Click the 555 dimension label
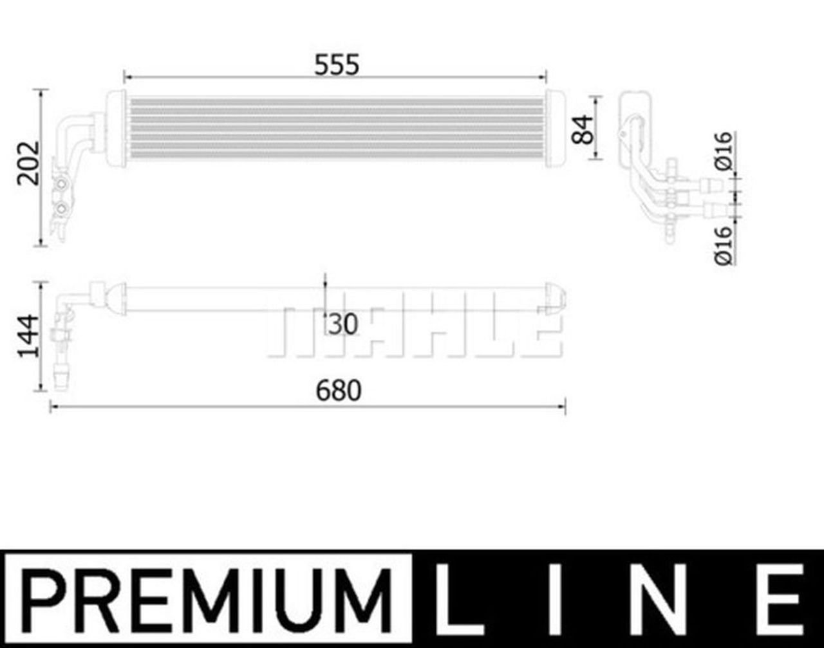[x=337, y=65]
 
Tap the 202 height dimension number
[x=30, y=162]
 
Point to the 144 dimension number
[x=28, y=336]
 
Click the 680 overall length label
[x=339, y=391]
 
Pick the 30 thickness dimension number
[x=342, y=324]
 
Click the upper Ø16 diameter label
[x=724, y=151]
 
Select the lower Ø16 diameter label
[x=724, y=245]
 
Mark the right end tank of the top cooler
[x=555, y=129]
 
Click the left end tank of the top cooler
[x=116, y=129]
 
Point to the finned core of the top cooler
[x=335, y=129]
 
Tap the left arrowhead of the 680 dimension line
[x=53, y=407]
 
